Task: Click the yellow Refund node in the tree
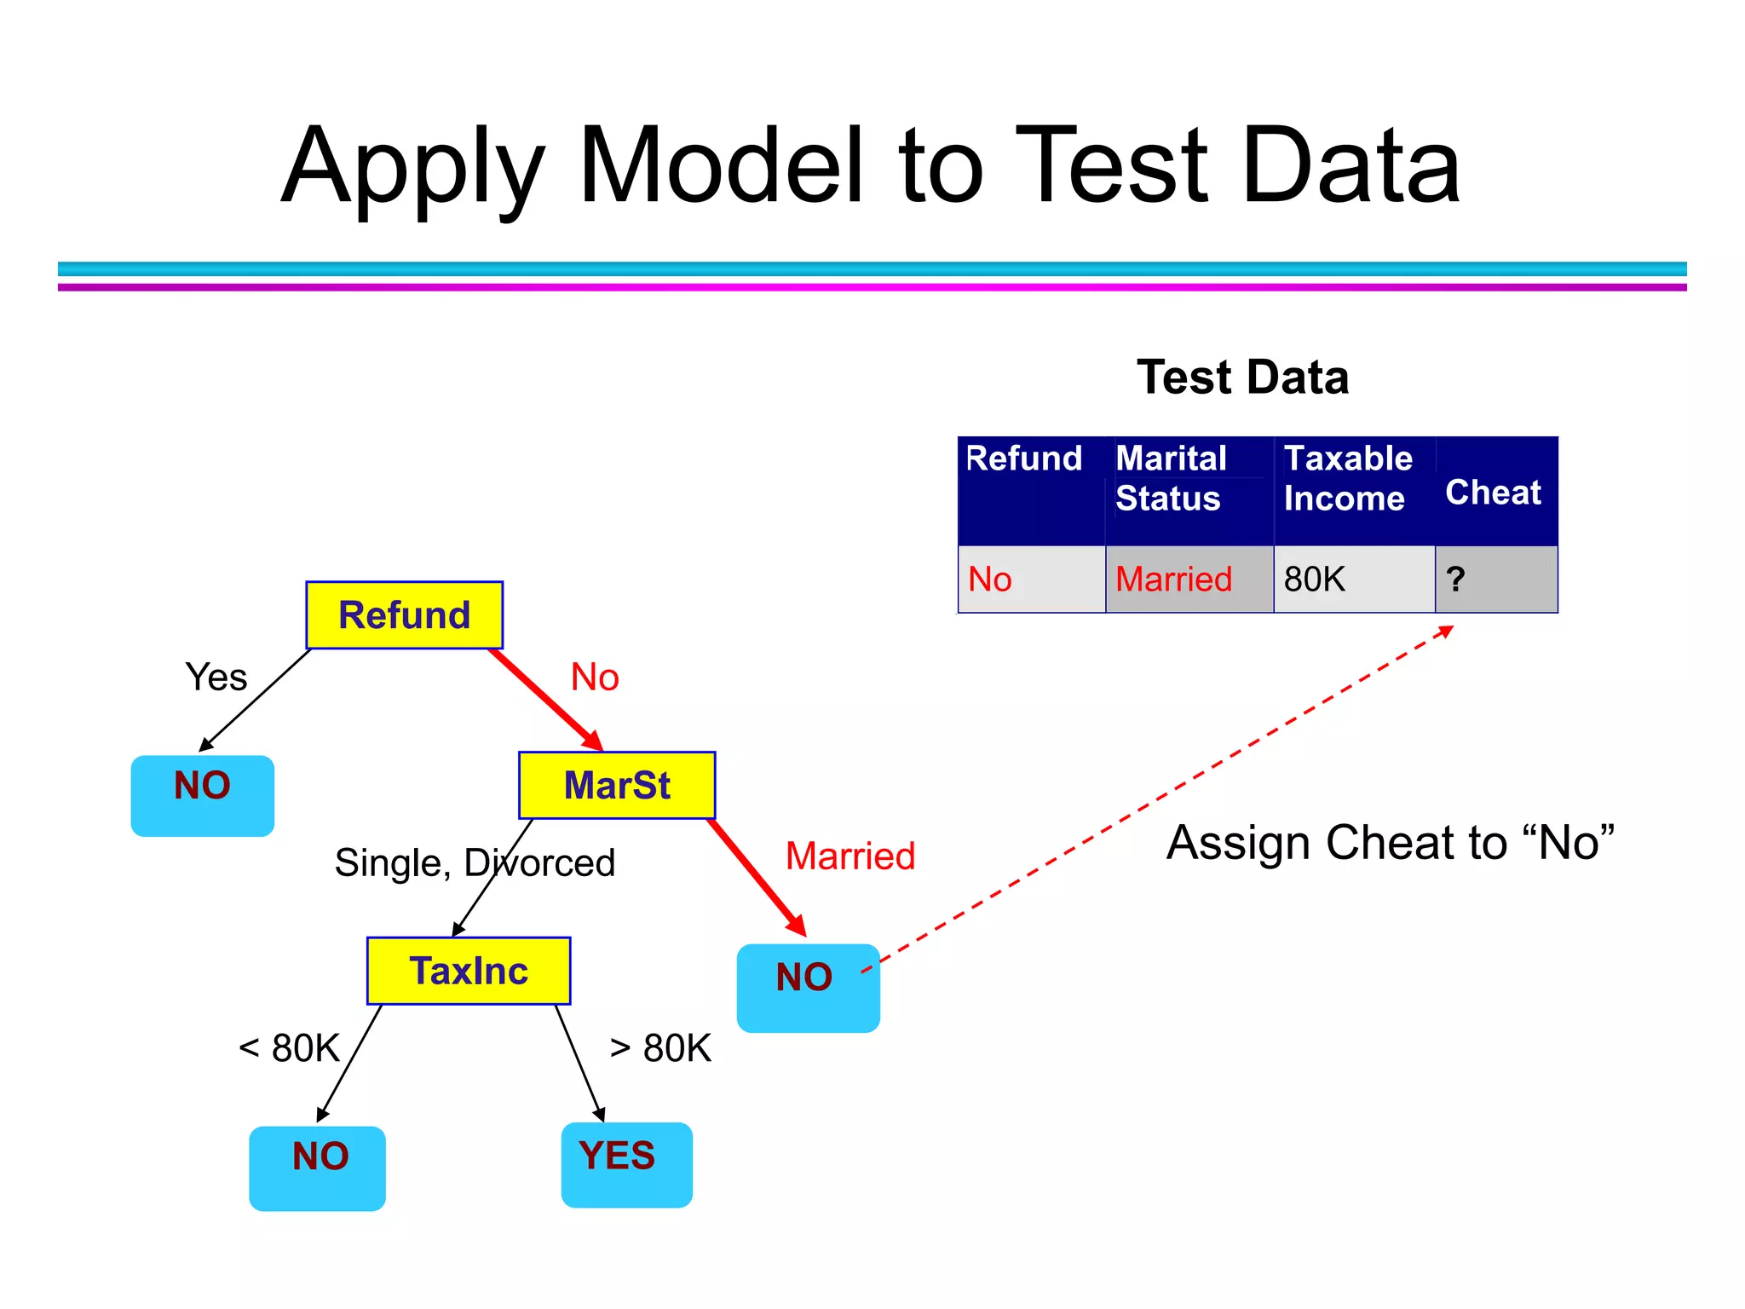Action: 404,615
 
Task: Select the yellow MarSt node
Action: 617,785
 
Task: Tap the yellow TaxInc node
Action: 469,971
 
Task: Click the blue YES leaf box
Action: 626,1164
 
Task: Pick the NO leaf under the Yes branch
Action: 203,794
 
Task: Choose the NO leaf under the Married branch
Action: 808,987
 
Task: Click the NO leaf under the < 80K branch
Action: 317,1168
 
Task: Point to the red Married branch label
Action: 849,856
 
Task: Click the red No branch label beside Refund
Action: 594,678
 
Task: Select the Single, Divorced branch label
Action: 475,862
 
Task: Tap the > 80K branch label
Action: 660,1048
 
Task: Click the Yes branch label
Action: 216,678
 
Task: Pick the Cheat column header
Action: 1494,493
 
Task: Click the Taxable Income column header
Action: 1347,479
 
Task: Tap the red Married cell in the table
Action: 1174,580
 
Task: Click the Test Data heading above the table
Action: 1242,378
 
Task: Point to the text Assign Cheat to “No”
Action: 1390,843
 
